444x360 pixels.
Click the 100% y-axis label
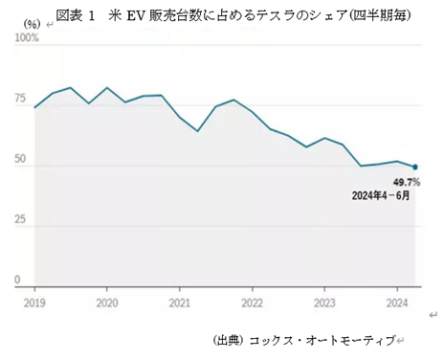26,38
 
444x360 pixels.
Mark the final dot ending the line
414,167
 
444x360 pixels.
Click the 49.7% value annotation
407,181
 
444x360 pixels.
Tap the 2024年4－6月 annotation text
383,196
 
